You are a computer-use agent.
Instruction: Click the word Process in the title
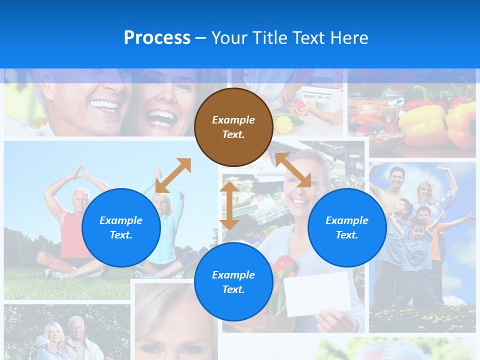[x=157, y=38]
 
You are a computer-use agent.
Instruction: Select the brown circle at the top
[x=233, y=127]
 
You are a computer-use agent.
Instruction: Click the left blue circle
[x=121, y=227]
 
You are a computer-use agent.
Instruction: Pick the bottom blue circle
[x=233, y=282]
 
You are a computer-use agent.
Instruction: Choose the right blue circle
[x=347, y=227]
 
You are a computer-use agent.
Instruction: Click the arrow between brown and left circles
[x=173, y=175]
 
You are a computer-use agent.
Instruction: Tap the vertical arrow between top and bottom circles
[x=229, y=205]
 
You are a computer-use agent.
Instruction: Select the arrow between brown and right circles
[x=293, y=170]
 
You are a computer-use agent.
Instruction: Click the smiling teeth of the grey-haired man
[x=104, y=105]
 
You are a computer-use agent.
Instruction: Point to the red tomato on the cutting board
[x=297, y=106]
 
